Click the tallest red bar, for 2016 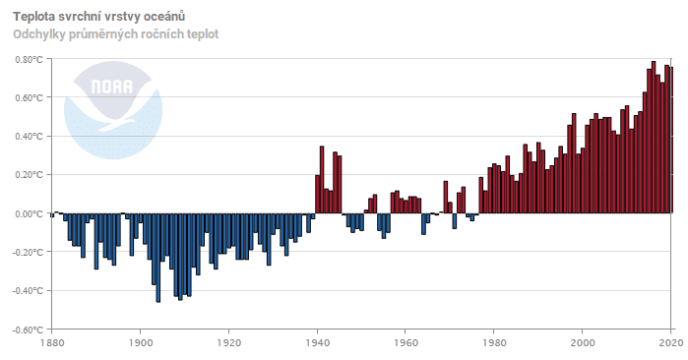(654, 138)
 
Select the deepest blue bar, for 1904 (157, 258)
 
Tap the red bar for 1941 (322, 180)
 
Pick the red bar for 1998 (574, 163)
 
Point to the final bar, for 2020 (671, 141)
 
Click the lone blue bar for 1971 (455, 221)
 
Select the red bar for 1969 (446, 198)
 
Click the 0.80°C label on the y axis (31, 59)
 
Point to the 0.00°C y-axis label (31, 214)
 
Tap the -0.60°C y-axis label (29, 330)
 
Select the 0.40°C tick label (31, 137)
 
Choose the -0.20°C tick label (29, 253)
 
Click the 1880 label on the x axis (52, 342)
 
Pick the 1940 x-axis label (317, 342)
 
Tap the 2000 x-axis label (583, 342)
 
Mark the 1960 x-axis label (406, 342)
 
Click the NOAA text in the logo (112, 87)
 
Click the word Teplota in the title (33, 17)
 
